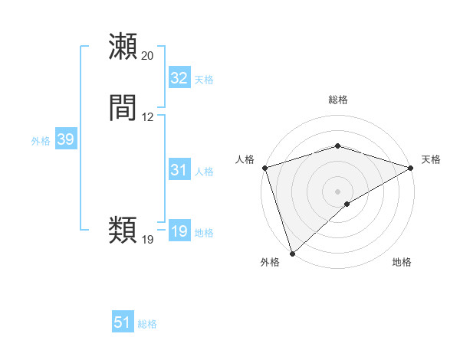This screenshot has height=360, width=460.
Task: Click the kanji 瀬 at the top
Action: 123,47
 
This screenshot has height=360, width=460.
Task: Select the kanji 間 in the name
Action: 123,109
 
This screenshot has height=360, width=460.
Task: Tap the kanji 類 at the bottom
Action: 123,230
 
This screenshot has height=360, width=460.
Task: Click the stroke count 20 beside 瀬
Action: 147,56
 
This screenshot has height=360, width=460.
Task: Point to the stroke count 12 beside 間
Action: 147,117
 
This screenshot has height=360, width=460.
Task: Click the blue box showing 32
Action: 179,78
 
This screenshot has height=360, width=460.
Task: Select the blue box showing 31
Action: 179,170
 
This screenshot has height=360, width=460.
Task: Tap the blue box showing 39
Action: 65,139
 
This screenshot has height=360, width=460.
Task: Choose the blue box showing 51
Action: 123,323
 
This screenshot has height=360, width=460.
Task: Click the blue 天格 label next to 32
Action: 204,80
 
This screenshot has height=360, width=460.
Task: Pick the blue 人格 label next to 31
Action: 204,172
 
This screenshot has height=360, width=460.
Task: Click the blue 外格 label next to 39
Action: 41,141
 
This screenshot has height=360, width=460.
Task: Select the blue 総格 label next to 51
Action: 147,325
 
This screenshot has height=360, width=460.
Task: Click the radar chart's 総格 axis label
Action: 337,100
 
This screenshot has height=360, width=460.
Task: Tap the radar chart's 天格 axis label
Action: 431,159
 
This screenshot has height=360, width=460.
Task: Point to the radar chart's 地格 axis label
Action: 402,263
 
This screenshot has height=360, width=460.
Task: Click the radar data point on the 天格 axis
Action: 412,167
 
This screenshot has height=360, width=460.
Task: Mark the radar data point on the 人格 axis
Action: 264,167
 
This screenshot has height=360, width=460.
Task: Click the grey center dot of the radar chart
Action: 337,191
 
